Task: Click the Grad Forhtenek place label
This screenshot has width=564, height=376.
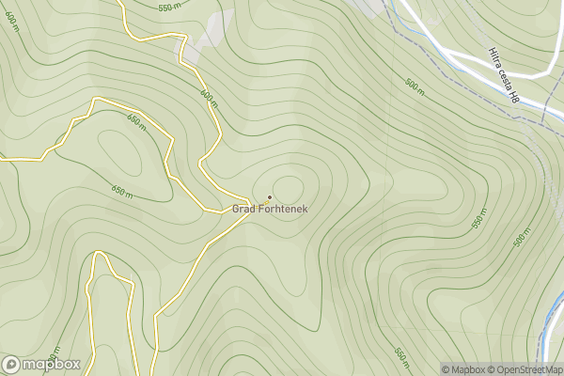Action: point(269,209)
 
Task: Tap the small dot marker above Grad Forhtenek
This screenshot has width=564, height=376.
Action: point(270,197)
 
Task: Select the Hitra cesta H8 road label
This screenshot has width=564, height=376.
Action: point(504,74)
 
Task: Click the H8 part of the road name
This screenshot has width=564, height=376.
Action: point(513,95)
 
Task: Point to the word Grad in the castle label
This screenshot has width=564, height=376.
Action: point(245,209)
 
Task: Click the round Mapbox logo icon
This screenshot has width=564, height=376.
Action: point(12,365)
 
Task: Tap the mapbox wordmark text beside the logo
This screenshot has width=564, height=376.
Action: point(51,365)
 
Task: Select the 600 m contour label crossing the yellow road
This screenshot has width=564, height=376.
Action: point(208,97)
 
